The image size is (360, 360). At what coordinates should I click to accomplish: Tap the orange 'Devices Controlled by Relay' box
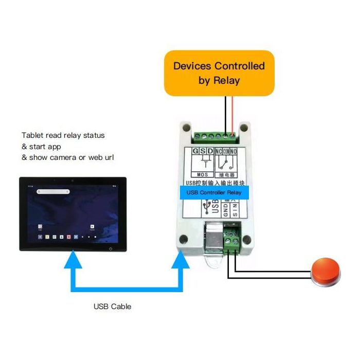click(219, 73)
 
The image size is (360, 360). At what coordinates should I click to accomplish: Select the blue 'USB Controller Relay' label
click(213, 192)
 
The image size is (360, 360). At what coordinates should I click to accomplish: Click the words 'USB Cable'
click(112, 307)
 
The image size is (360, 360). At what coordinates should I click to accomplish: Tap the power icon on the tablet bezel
click(112, 249)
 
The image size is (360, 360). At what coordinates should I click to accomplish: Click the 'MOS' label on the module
click(201, 174)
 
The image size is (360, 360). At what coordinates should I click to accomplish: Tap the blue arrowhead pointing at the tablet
click(74, 260)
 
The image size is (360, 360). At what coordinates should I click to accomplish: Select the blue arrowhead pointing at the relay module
click(181, 260)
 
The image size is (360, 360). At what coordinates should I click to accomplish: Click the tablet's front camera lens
click(73, 181)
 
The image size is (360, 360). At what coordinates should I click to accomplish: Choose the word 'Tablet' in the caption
click(31, 135)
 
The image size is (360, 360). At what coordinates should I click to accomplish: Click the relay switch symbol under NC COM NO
click(225, 164)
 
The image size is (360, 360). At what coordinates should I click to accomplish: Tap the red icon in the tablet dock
click(68, 237)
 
